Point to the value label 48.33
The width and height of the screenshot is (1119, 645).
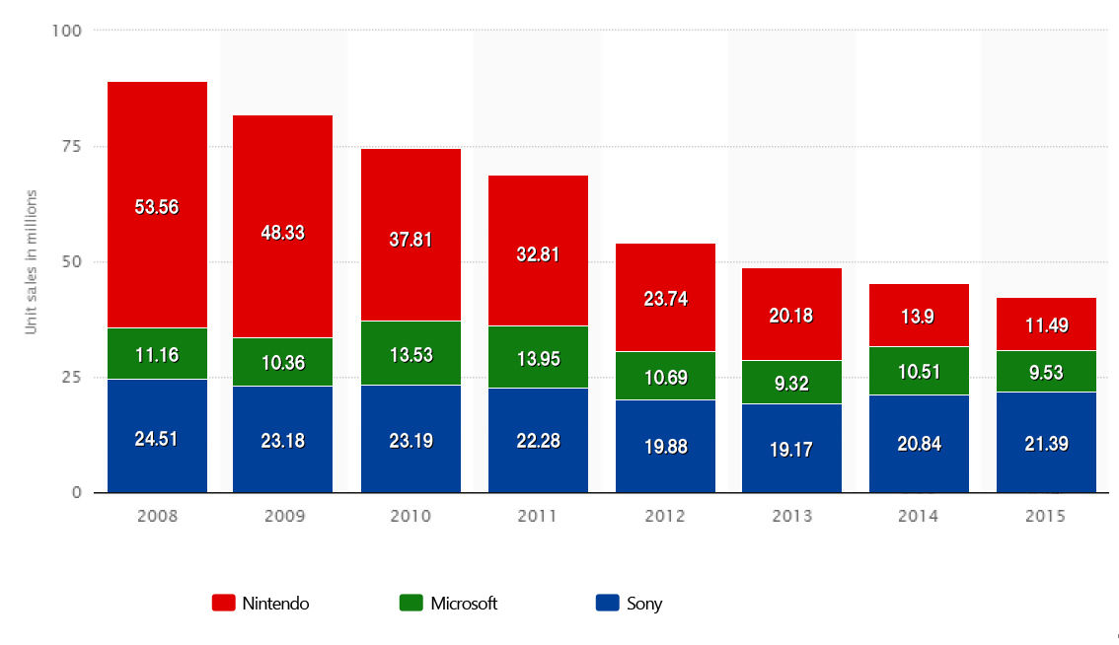(283, 233)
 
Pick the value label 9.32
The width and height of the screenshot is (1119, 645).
(792, 384)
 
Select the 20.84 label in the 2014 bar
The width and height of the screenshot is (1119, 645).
(920, 445)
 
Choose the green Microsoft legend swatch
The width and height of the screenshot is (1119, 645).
(411, 604)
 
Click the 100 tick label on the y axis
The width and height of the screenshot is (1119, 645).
(68, 31)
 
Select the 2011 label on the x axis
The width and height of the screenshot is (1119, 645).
(538, 516)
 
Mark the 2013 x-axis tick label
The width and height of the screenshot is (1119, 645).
(792, 516)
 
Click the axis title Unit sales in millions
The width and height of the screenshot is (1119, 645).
(31, 261)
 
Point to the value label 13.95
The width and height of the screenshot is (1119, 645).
(538, 360)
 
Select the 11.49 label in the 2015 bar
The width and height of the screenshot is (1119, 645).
(1046, 326)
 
